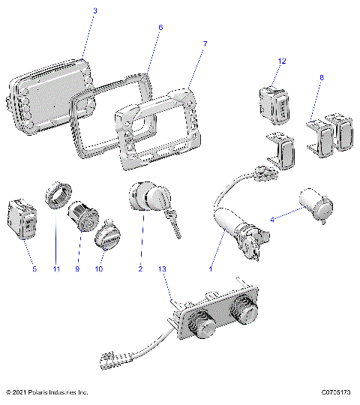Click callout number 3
[95, 11]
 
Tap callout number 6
[160, 28]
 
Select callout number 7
[205, 45]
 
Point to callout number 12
[282, 60]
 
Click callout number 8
[322, 77]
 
